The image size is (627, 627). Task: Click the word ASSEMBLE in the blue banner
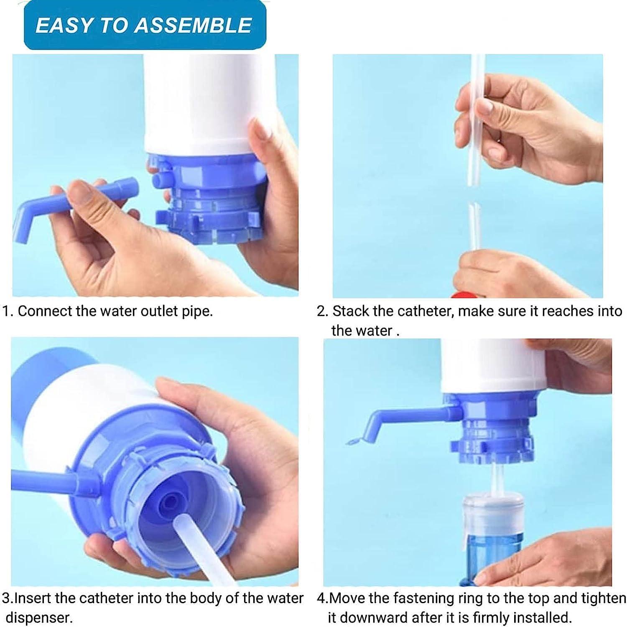click(x=193, y=25)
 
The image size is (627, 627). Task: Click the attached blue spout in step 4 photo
click(x=401, y=416)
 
